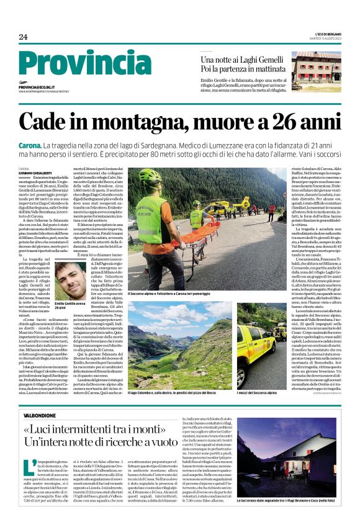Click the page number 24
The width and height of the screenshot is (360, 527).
pos(23,37)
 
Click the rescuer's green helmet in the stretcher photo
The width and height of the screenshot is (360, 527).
pos(150,178)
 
